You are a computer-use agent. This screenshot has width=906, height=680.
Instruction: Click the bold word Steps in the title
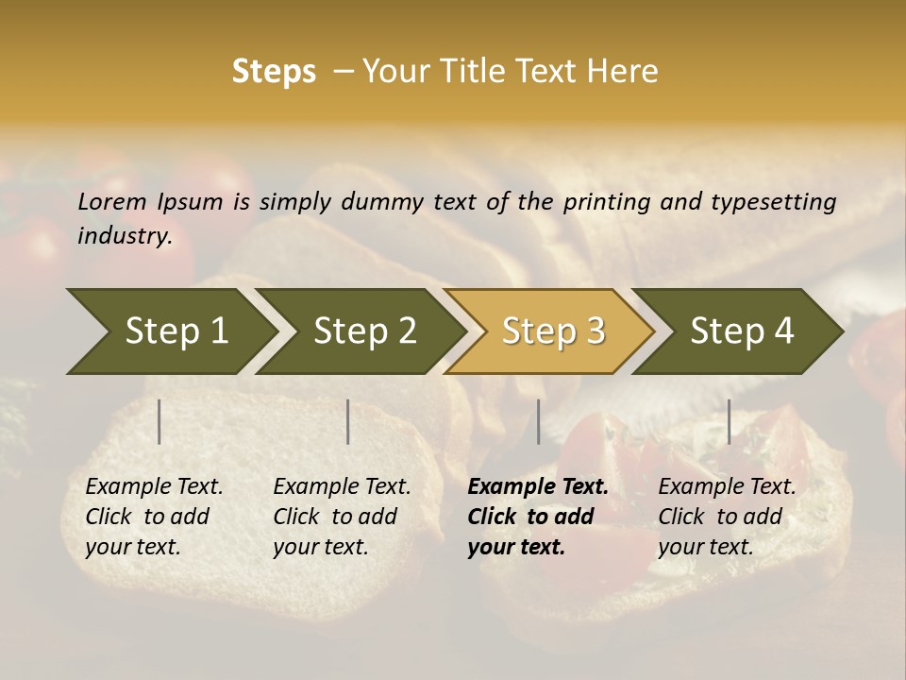274,72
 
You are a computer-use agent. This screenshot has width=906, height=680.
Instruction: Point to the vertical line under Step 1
159,421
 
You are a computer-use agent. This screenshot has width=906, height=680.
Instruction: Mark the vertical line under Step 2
348,421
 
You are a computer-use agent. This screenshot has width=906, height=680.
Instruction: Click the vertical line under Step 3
538,421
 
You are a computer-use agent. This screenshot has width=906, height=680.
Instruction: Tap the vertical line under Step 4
729,421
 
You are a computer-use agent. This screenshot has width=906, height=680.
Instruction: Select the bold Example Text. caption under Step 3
538,487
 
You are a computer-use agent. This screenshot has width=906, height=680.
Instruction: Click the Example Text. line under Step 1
154,487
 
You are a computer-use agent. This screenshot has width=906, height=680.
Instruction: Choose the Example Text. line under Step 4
727,487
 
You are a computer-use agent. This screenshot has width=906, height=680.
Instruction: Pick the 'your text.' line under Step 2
321,547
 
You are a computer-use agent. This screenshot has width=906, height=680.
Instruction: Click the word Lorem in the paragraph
112,201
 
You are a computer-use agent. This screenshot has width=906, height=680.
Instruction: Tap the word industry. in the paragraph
125,235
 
